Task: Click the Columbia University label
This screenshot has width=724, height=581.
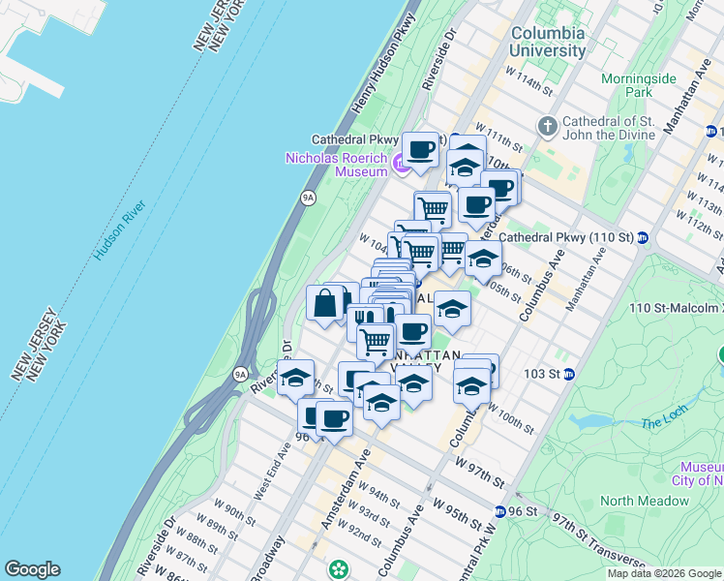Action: pos(548,41)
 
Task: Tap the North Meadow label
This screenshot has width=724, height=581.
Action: pos(644,501)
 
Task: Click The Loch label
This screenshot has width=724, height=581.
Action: pos(662,423)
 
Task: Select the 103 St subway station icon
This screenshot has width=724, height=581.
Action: pos(569,374)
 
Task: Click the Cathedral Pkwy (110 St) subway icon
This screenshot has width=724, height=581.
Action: pos(642,237)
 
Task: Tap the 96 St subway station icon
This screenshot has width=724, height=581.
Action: pos(499,511)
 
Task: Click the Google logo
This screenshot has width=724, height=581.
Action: pos(32,569)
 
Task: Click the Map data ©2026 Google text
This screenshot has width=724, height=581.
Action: pos(664,573)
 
